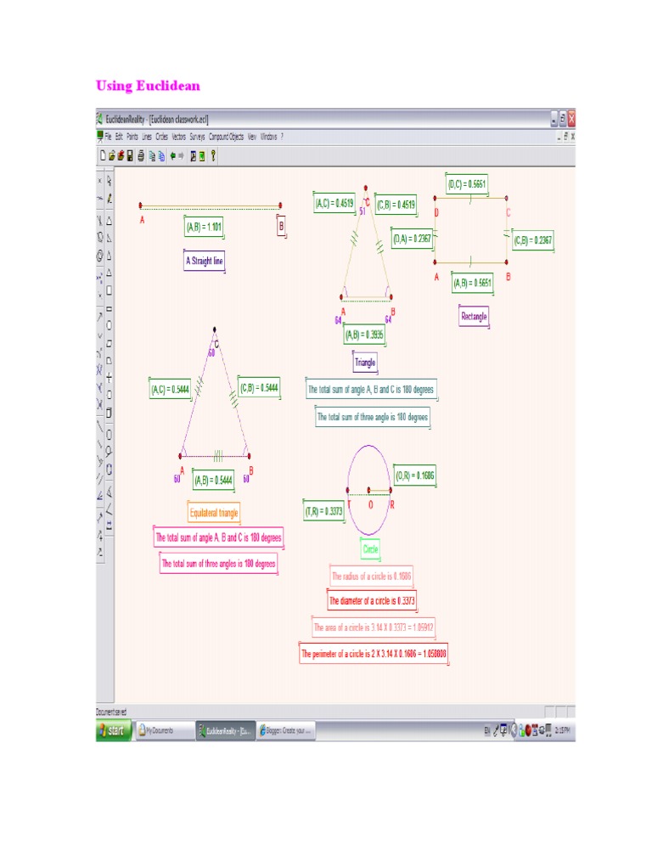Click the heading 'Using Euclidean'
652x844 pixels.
point(148,86)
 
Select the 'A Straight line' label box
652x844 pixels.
point(205,262)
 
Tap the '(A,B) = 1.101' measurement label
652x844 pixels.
point(204,227)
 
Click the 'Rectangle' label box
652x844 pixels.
point(475,317)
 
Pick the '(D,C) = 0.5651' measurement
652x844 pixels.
point(467,184)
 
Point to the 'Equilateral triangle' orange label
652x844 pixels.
point(214,513)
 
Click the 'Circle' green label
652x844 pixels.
point(371,549)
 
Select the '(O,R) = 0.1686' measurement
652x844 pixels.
point(415,476)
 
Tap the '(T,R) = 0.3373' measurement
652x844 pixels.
point(323,511)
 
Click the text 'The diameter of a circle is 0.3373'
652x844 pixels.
point(373,601)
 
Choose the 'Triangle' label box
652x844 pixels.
point(365,363)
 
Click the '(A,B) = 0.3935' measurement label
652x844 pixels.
point(364,335)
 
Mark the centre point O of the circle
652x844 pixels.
point(369,490)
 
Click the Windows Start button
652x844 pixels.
point(114,730)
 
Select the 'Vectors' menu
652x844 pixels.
point(178,136)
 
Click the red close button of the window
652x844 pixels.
point(571,118)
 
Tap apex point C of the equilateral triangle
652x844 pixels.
point(215,329)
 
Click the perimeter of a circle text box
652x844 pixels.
point(374,655)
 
